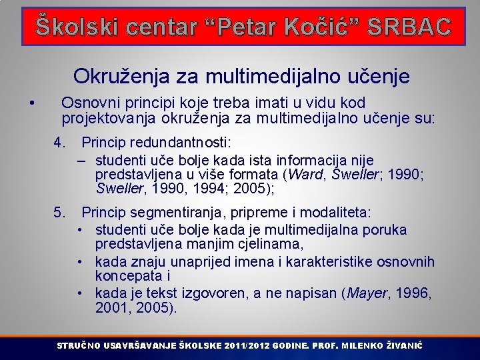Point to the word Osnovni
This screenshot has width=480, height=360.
[87, 103]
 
